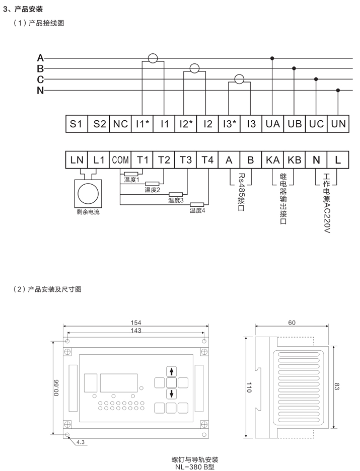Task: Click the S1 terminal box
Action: (x=77, y=123)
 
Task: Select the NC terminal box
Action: (x=120, y=123)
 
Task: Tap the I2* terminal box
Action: (x=186, y=123)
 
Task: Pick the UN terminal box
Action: (x=338, y=123)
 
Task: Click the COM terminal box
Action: (x=120, y=160)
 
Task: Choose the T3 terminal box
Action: (x=186, y=160)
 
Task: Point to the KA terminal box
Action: (x=272, y=160)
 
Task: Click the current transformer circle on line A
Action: (x=153, y=58)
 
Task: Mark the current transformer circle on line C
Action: (x=240, y=80)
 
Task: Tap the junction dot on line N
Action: (x=338, y=90)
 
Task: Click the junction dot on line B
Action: (x=294, y=68)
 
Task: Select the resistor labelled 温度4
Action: (x=197, y=205)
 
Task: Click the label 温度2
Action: (x=153, y=190)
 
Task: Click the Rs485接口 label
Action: (x=241, y=192)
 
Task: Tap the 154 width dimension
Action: (x=136, y=323)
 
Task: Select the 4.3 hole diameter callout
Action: (x=81, y=442)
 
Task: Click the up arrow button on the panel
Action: (x=171, y=371)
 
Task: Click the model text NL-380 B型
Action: (x=195, y=467)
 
